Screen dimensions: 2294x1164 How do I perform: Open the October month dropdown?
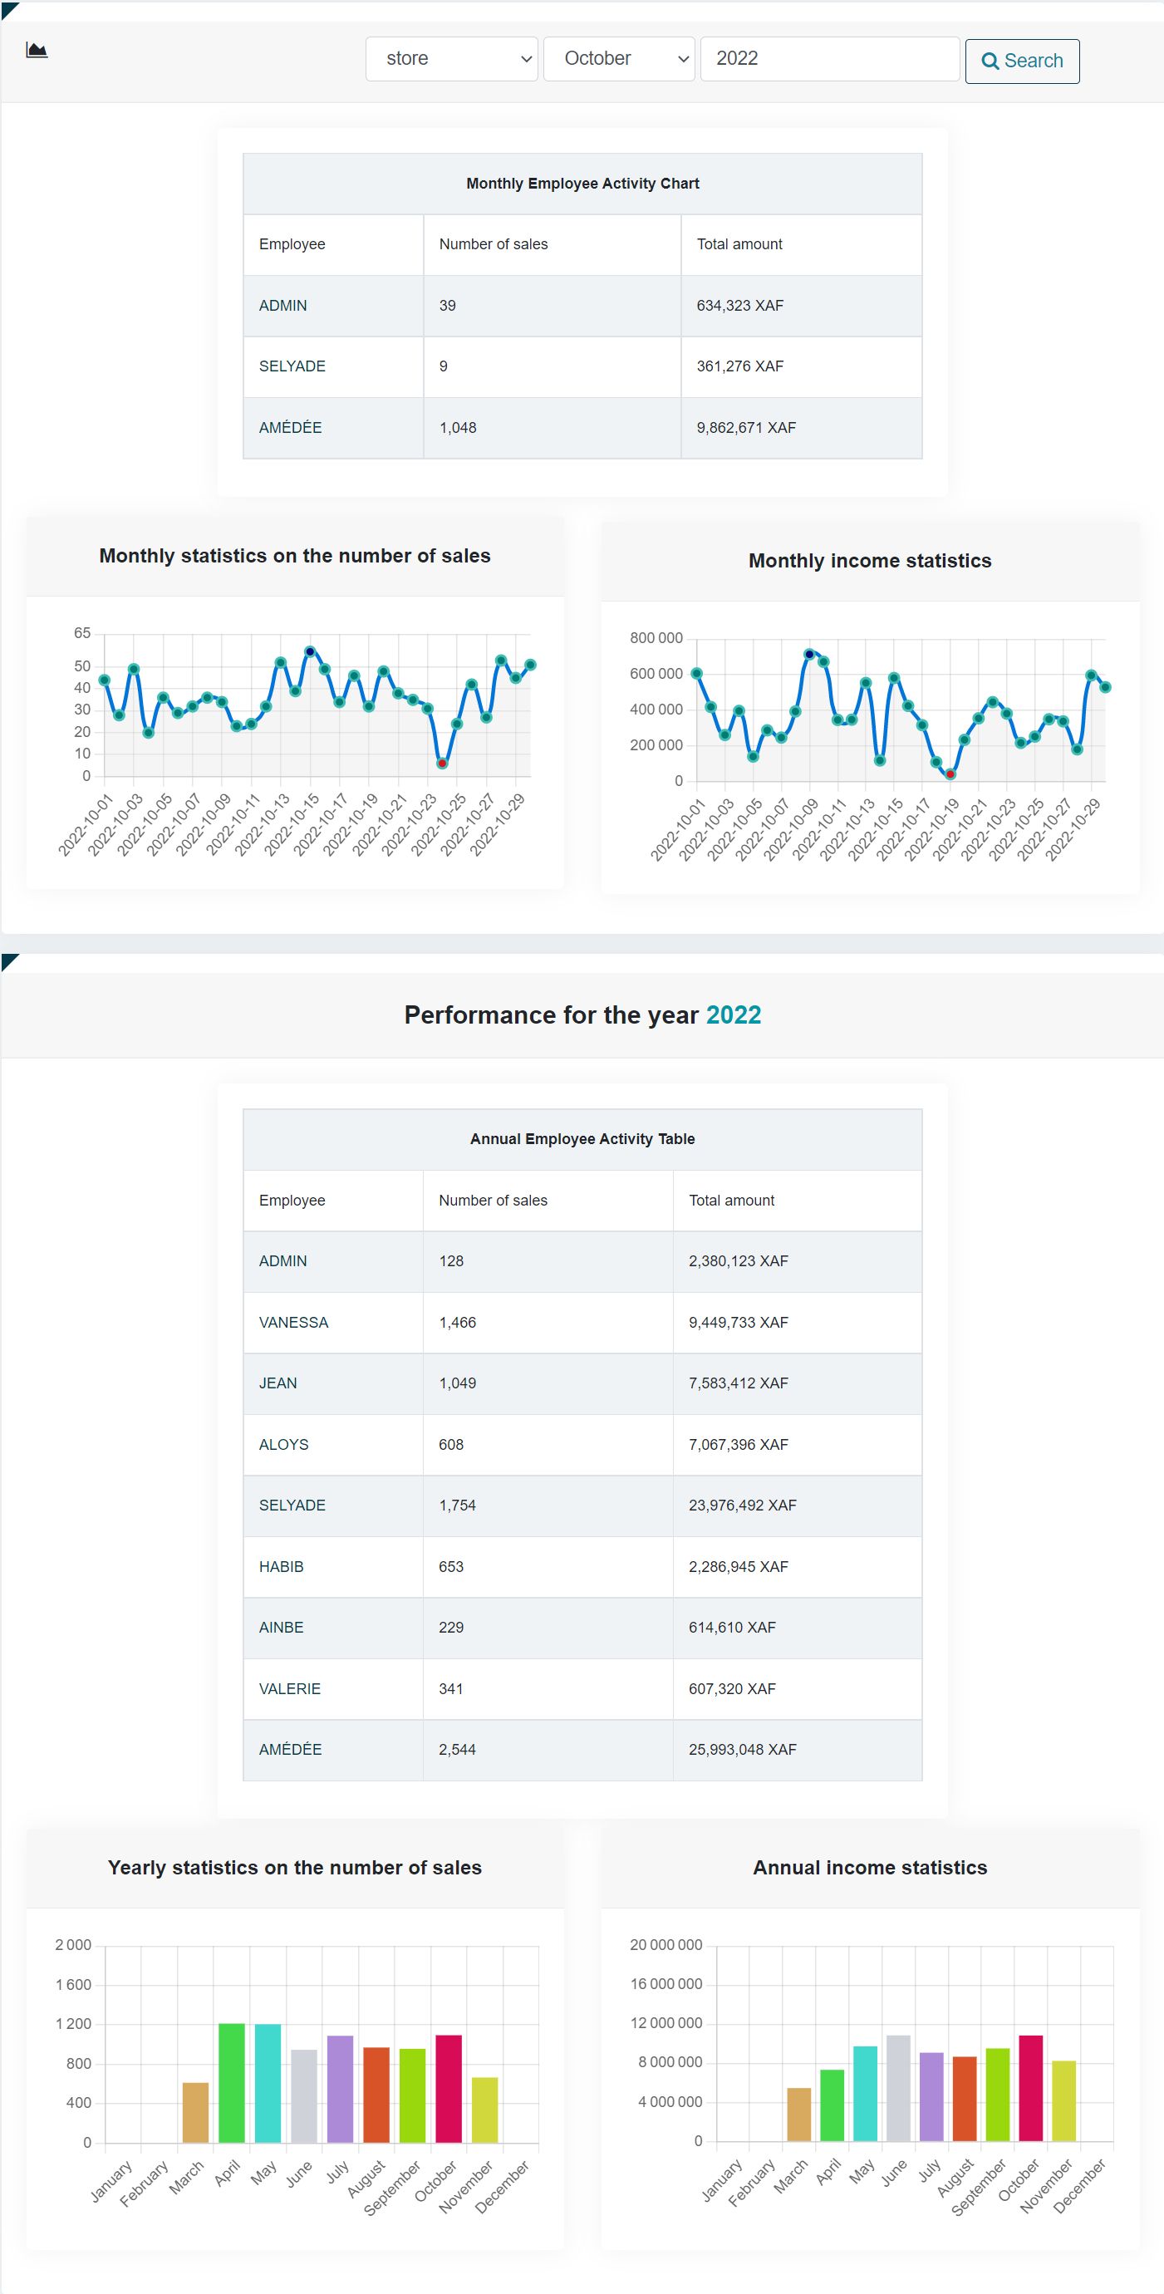619,59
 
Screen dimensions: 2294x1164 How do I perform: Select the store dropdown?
451,59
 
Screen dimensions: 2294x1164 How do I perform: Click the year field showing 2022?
829,59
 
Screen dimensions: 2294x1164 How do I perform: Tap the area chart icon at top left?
37,50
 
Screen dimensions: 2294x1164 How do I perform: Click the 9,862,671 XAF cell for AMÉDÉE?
746,427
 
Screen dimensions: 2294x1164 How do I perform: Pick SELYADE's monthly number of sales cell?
444,366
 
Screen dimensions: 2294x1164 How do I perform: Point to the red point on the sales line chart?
442,764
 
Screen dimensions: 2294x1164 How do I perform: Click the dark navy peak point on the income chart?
809,655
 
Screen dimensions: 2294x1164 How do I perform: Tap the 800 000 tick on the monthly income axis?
656,638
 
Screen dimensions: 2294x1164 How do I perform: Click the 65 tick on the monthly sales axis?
82,633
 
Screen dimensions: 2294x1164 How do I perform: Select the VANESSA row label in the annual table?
294,1323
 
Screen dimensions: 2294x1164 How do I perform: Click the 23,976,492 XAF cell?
742,1505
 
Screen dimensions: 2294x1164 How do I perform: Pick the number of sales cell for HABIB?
450,1566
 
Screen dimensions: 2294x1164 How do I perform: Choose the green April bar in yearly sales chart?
232,2084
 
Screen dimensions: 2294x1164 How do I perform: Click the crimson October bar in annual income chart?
1030,2088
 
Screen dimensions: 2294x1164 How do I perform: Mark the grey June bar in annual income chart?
897,2088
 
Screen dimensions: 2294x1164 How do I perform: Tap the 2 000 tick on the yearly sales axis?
73,1945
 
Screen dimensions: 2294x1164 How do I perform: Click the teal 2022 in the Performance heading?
733,1015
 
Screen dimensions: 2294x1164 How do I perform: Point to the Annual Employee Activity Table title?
582,1139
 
